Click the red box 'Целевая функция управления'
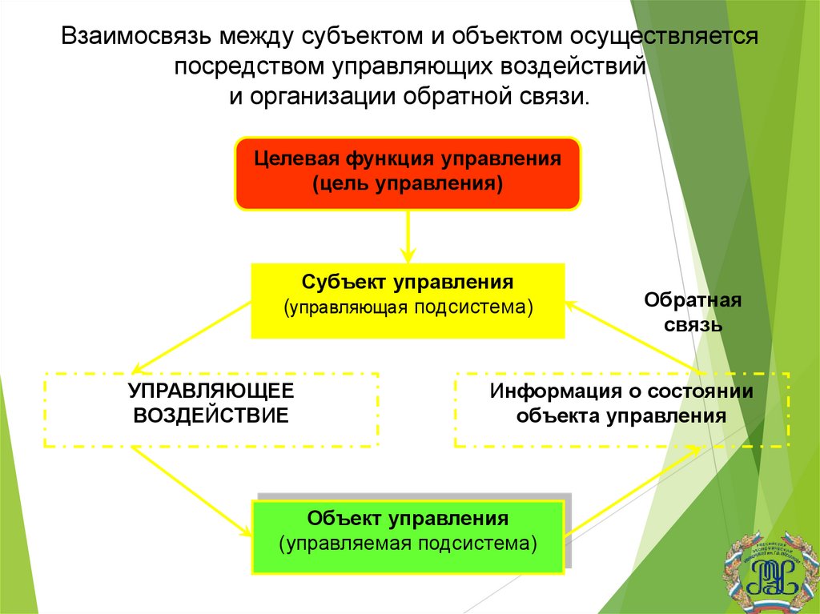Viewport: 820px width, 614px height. pos(407,173)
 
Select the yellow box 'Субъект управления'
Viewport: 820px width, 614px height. pos(408,300)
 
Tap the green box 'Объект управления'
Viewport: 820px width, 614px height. pos(408,536)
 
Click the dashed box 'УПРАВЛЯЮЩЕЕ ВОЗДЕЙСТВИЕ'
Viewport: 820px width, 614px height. pos(211,409)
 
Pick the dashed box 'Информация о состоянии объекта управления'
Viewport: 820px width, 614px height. pos(622,409)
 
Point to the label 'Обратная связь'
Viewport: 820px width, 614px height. pos(693,313)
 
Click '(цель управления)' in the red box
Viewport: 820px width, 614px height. pos(408,185)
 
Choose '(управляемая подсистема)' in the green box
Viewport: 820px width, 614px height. pos(408,545)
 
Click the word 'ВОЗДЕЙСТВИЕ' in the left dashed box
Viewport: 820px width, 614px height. pos(211,417)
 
